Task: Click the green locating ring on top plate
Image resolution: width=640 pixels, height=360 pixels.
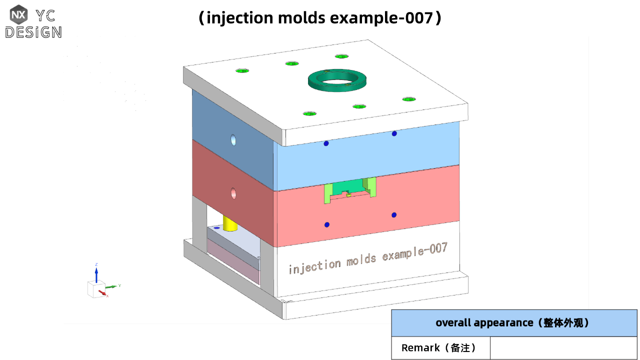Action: coord(337,86)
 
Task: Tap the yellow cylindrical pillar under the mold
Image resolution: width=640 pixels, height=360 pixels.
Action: coord(230,223)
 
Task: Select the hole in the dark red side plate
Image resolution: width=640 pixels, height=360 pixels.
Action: coord(233,192)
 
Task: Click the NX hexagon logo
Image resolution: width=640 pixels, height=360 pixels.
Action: coord(18,14)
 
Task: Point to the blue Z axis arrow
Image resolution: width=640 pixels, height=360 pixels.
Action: coord(96,273)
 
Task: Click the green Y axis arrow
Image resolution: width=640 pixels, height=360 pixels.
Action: coord(111,286)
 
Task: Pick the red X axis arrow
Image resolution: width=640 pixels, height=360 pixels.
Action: coord(102,292)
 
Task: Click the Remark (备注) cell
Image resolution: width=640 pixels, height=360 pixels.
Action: coord(440,347)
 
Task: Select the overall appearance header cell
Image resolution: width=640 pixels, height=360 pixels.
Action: coord(514,322)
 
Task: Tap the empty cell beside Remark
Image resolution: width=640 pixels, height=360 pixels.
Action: coord(563,347)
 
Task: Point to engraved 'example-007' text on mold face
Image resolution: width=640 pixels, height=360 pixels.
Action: coord(414,251)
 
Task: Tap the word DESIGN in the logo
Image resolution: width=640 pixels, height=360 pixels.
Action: coord(33,32)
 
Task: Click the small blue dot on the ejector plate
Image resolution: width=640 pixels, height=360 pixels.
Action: coord(216,227)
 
